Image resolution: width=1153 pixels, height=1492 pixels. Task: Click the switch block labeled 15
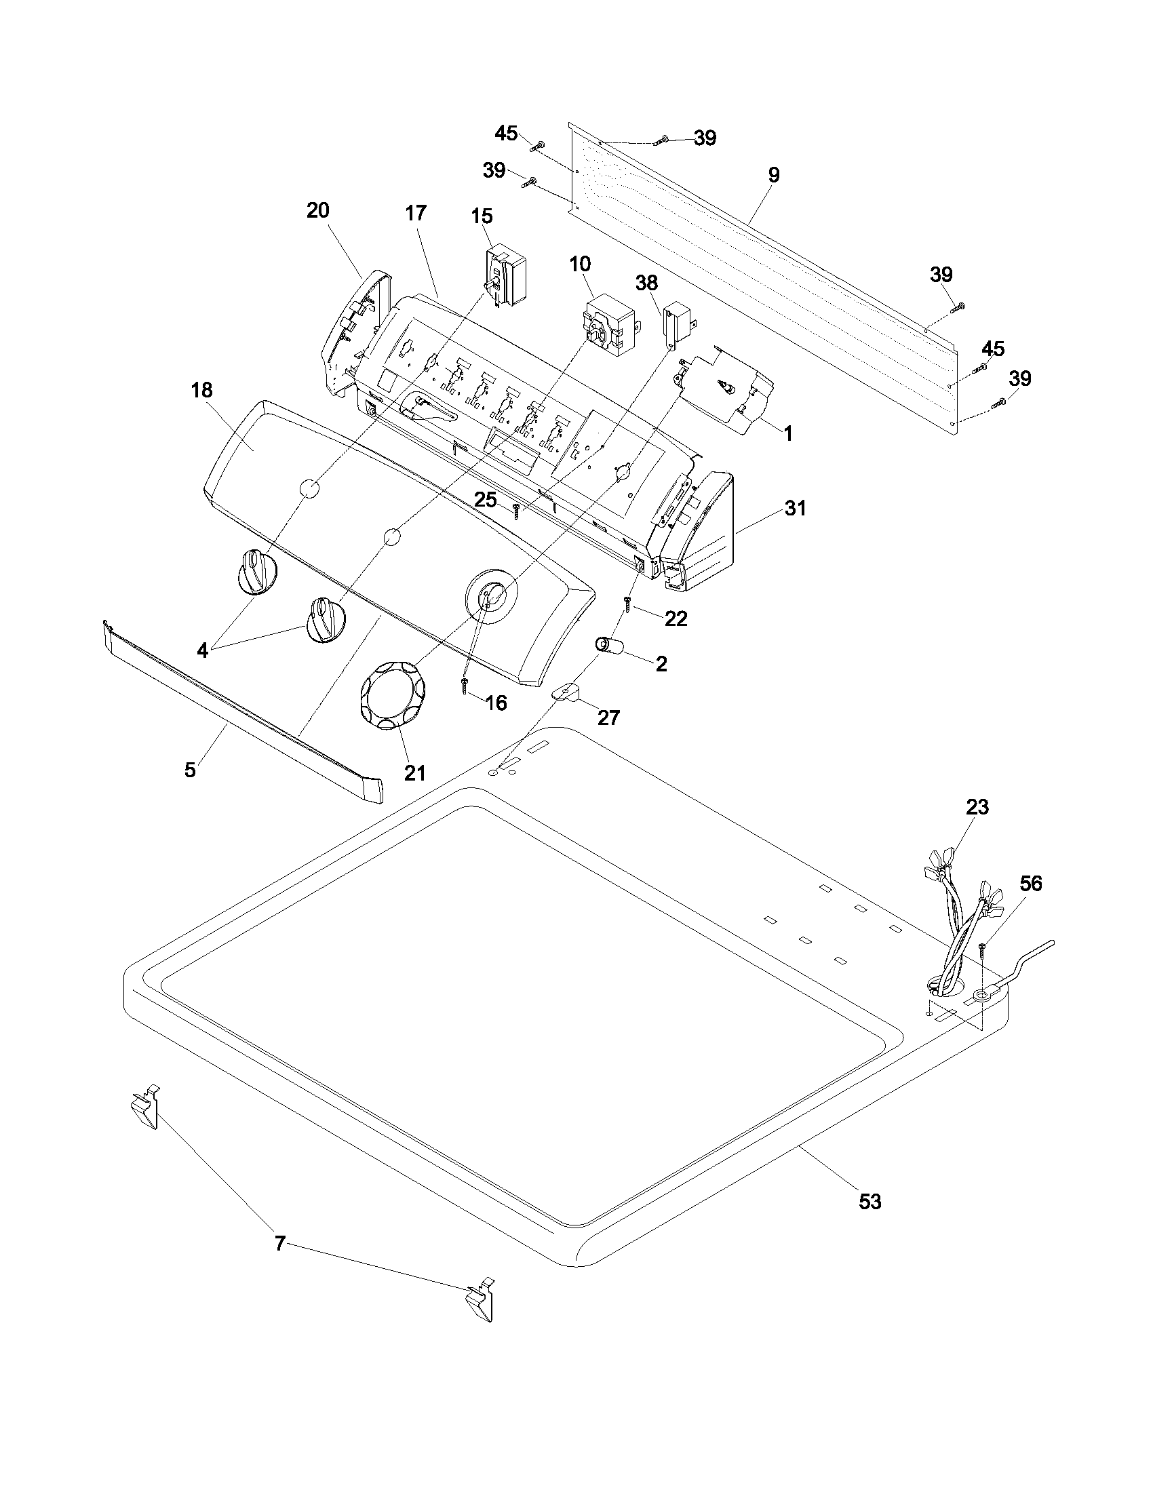(506, 279)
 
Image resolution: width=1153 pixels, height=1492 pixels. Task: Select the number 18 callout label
(201, 391)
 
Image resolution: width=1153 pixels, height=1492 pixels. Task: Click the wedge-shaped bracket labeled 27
(566, 692)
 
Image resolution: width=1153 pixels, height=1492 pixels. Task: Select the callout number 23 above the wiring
(977, 807)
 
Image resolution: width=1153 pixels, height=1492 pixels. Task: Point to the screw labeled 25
(517, 508)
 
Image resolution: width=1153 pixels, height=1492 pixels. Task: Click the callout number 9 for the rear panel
(773, 175)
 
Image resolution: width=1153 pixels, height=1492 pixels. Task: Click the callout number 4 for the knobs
(202, 650)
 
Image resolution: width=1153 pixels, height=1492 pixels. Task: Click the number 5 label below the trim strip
(190, 770)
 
